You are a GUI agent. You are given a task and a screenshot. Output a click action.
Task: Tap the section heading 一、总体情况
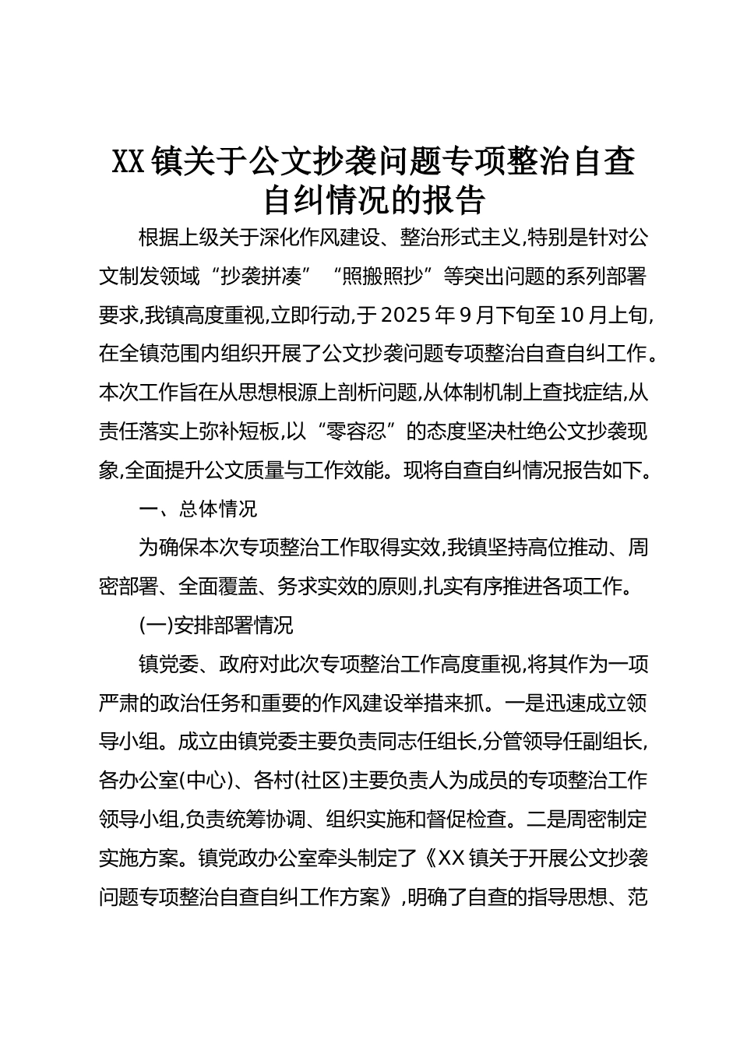point(197,509)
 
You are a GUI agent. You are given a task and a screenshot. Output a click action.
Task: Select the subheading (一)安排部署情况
point(215,626)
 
